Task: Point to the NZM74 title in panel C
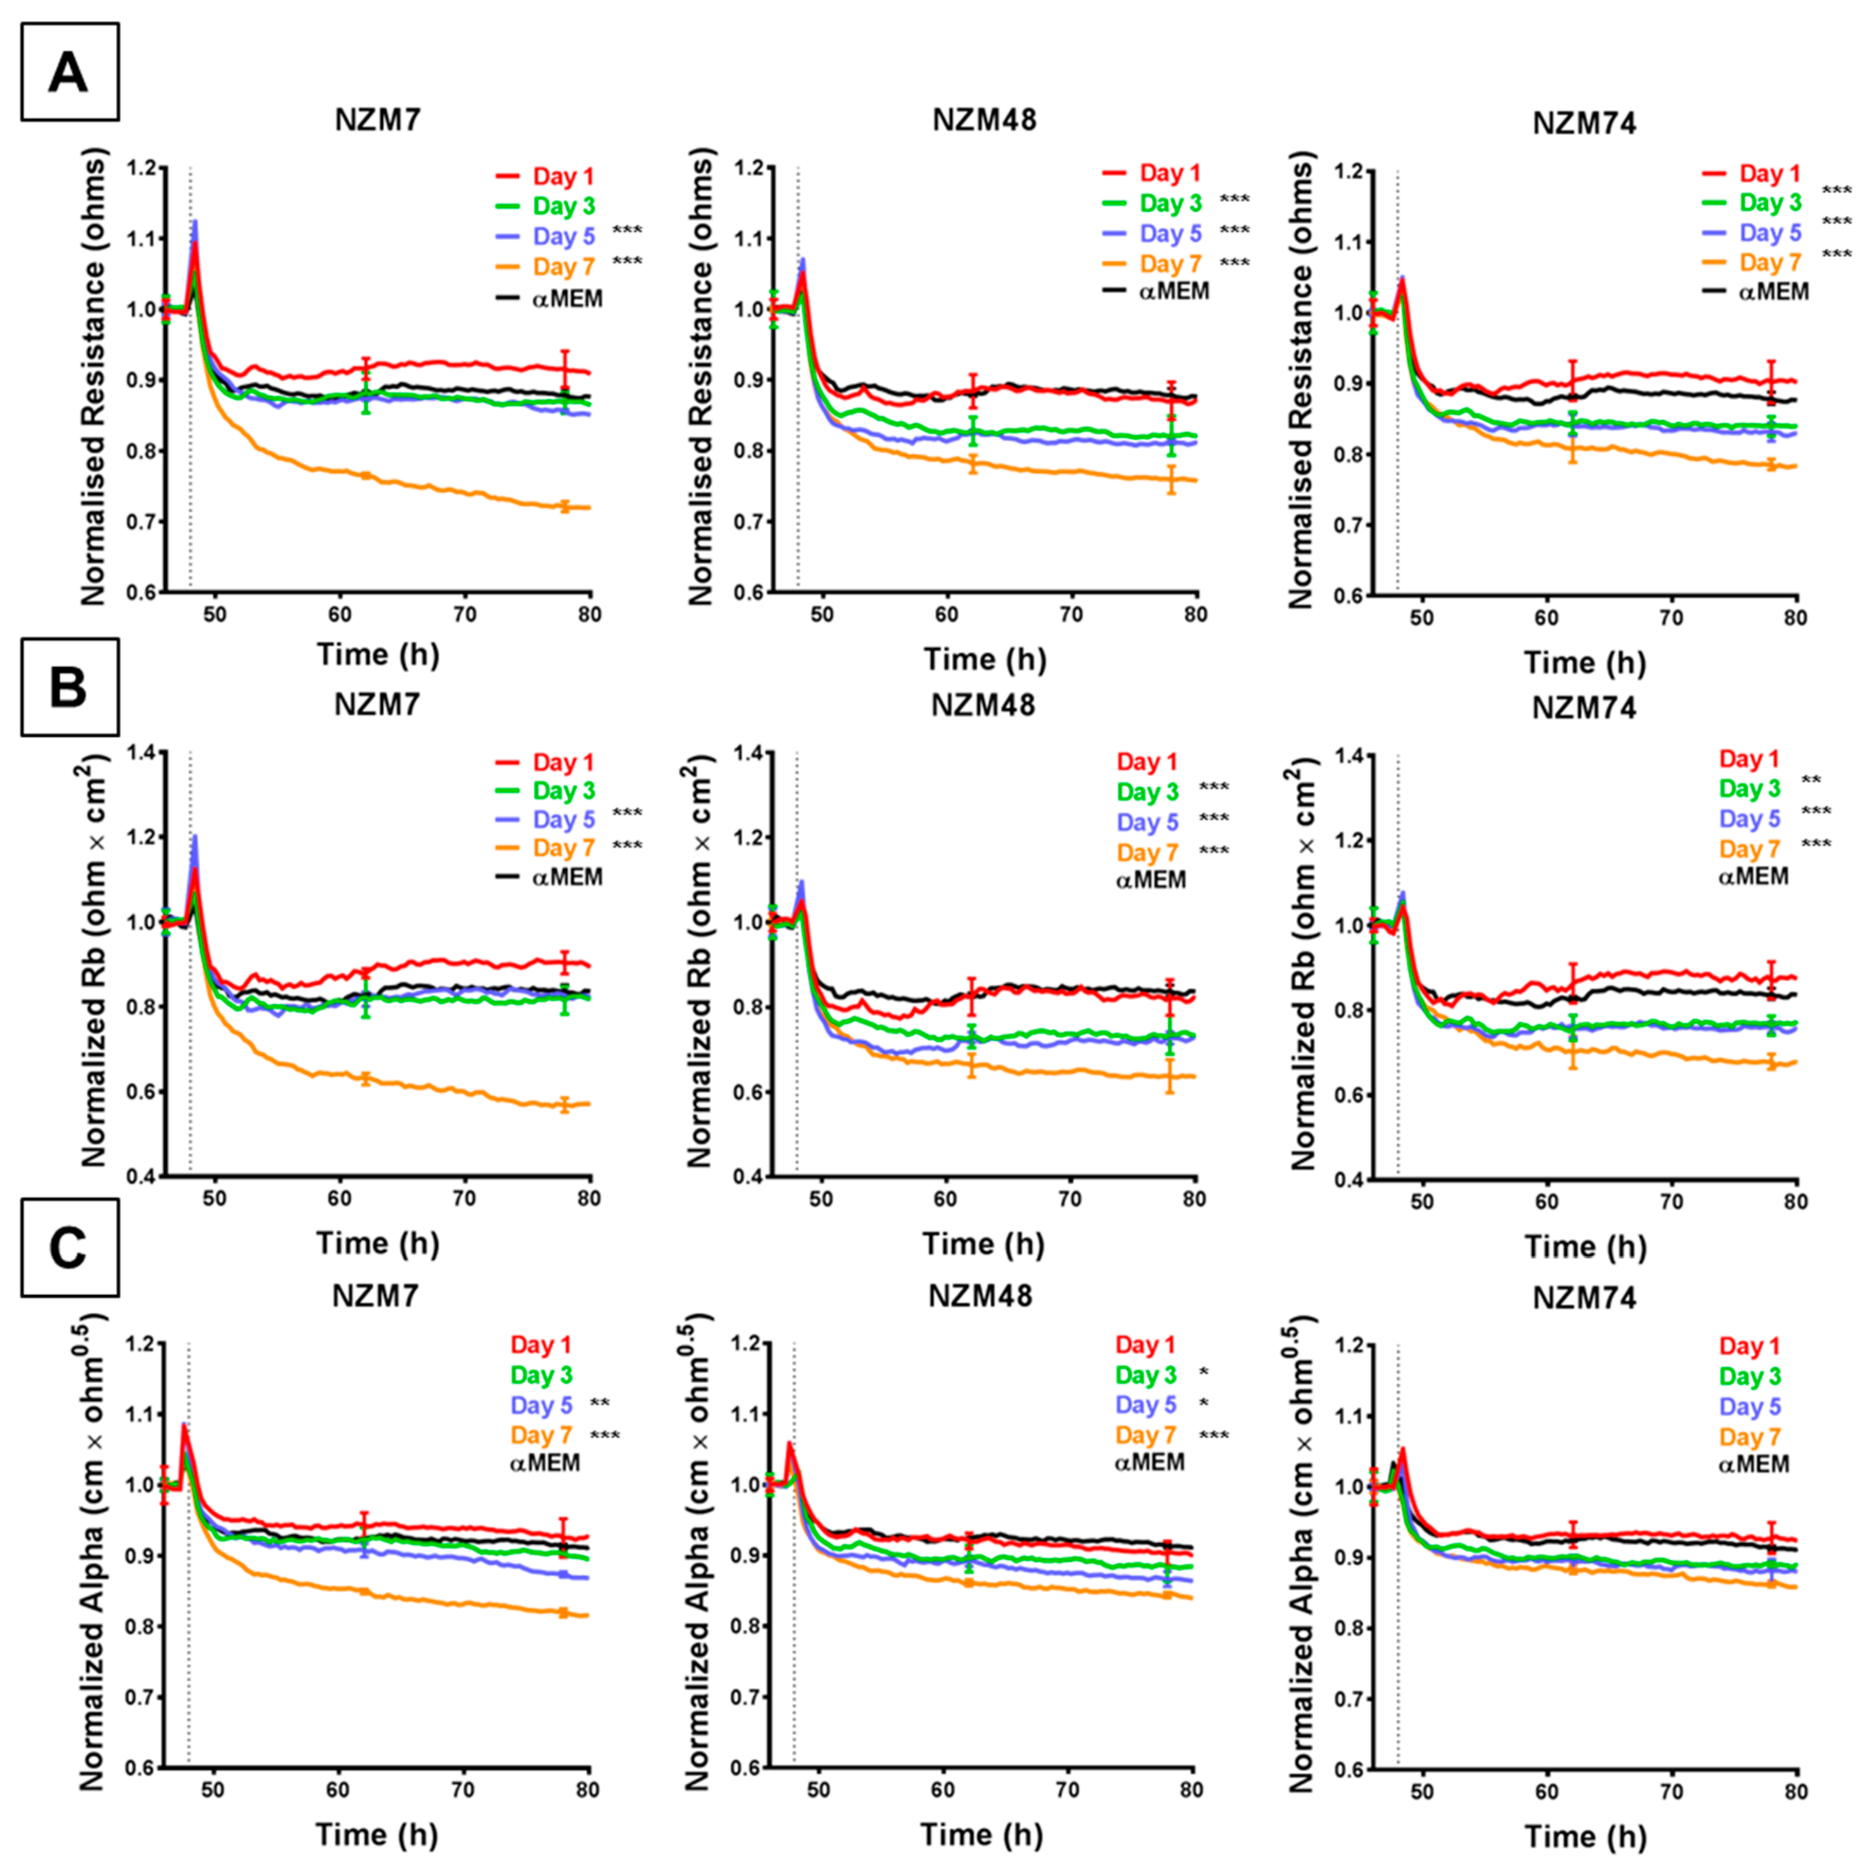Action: click(x=1584, y=1297)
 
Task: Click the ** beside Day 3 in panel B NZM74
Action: click(x=1811, y=780)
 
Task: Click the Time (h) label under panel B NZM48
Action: click(x=983, y=1244)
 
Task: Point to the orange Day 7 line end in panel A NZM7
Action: click(x=588, y=507)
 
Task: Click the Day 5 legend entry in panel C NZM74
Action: click(x=1750, y=1407)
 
